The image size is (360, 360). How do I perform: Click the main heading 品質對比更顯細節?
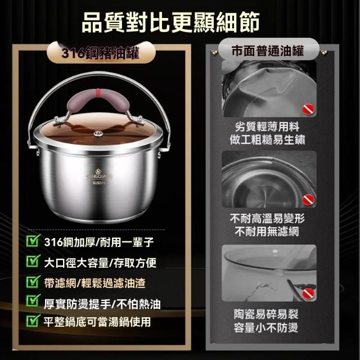(x=170, y=22)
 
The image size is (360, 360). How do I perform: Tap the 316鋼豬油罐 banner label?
(x=100, y=53)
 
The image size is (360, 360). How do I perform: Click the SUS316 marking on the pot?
(x=99, y=183)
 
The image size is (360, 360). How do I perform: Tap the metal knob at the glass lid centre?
(x=98, y=133)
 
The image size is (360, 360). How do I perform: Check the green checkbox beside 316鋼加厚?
(x=33, y=240)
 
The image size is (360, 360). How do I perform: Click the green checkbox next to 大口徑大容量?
(x=33, y=261)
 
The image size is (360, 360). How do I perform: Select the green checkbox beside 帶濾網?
(x=33, y=281)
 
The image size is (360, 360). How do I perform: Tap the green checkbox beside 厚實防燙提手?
(x=33, y=300)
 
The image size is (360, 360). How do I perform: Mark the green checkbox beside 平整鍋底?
(x=33, y=321)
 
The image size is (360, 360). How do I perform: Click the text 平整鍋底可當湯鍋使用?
(x=97, y=322)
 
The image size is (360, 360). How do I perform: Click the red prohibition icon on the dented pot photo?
(x=308, y=109)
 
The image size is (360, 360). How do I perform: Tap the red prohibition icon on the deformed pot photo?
(x=308, y=200)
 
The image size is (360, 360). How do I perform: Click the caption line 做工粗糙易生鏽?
(x=268, y=140)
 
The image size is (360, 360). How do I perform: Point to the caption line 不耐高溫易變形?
(x=267, y=218)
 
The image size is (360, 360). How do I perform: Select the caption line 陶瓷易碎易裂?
(x=266, y=314)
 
